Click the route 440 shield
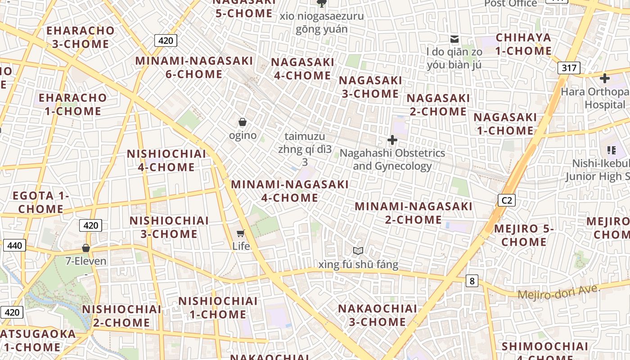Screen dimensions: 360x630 [x=14, y=245]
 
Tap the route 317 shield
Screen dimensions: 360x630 [x=569, y=68]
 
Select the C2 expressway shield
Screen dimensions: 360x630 [x=507, y=200]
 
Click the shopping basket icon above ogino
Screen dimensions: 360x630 [x=243, y=122]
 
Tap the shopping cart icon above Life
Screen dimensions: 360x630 [x=241, y=233]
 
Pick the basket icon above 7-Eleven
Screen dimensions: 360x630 [x=86, y=248]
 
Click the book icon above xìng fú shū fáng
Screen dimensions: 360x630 [x=358, y=251]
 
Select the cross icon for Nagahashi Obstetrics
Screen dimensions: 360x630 [x=392, y=140]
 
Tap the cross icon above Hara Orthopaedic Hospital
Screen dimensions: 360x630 [x=604, y=78]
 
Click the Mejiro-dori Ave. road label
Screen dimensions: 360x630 [x=559, y=292]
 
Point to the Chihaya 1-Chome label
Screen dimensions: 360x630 [x=523, y=44]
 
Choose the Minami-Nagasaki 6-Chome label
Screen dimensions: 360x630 [x=194, y=67]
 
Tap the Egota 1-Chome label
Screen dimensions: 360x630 [x=40, y=202]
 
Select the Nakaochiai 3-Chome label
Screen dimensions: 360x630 [x=378, y=315]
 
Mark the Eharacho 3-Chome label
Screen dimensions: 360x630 [x=81, y=37]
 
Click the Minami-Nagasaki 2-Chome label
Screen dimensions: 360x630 [x=414, y=213]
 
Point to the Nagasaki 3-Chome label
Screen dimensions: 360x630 [x=370, y=87]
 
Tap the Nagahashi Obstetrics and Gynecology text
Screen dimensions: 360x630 [x=392, y=159]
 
